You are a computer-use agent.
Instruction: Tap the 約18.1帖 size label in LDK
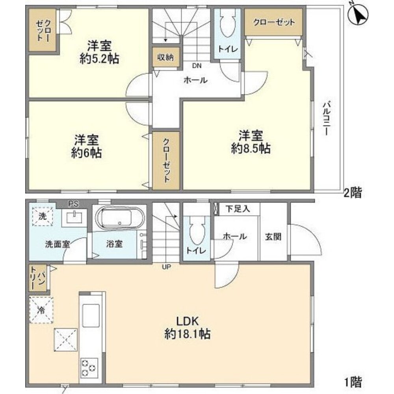coord(187,335)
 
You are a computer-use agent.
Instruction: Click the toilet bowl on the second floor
coord(227,24)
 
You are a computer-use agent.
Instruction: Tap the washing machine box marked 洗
coord(41,216)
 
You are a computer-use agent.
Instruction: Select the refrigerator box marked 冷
coord(41,309)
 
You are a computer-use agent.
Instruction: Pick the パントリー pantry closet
coord(37,278)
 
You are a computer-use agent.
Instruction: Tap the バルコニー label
coord(326,118)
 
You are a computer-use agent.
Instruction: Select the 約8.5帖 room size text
coord(250,149)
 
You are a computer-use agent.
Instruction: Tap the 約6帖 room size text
coord(87,152)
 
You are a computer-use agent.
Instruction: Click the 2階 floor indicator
coord(353,193)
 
